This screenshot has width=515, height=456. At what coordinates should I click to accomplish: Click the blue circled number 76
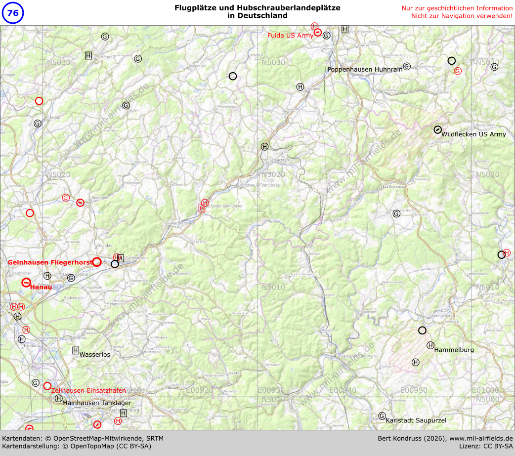(x=13, y=13)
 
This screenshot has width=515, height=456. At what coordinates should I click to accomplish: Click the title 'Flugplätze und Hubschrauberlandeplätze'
(x=257, y=8)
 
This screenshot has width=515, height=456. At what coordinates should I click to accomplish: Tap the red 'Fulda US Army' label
(x=290, y=36)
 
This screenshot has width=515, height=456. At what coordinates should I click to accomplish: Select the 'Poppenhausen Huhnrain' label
(x=365, y=70)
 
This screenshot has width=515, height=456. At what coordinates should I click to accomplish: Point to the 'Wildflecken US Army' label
(x=473, y=134)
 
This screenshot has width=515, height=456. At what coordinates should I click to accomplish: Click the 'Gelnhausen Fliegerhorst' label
(x=50, y=262)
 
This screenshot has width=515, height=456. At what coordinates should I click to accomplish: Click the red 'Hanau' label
(x=41, y=287)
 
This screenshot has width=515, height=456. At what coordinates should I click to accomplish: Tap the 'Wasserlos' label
(x=94, y=354)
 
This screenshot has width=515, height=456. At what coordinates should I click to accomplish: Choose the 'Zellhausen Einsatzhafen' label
(x=88, y=390)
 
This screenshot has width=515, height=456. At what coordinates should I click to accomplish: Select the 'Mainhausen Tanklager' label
(x=97, y=403)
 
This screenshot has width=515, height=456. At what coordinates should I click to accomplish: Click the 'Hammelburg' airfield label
(x=454, y=350)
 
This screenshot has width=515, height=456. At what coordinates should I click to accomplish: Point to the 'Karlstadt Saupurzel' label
(x=416, y=420)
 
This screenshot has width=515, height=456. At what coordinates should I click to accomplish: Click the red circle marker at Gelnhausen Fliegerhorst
(x=97, y=262)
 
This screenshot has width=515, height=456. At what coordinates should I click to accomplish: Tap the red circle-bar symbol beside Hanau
(x=26, y=283)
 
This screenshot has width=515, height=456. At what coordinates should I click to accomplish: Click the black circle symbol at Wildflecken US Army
(x=437, y=129)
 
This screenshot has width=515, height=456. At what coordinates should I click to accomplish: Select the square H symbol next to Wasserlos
(x=76, y=350)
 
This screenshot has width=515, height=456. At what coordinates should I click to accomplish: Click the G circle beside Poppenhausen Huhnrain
(x=407, y=66)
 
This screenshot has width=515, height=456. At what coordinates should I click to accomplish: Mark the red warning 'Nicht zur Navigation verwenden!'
(x=462, y=16)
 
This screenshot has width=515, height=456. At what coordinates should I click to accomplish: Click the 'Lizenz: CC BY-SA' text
(x=486, y=446)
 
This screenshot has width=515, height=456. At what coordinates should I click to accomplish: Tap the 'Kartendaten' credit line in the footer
(x=83, y=438)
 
